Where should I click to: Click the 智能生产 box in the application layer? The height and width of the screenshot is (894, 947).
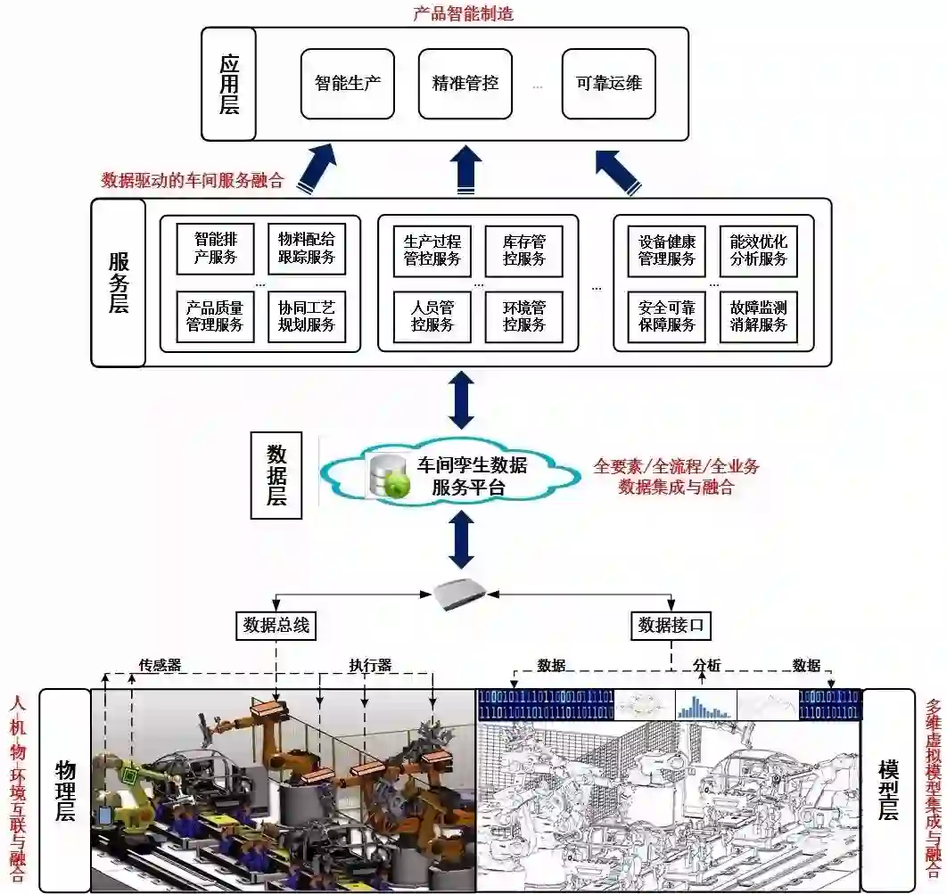click(347, 85)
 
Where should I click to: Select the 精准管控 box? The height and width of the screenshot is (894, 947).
click(465, 85)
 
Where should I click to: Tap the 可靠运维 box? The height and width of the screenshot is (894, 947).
click(608, 85)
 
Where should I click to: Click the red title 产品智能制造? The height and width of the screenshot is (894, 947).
click(464, 13)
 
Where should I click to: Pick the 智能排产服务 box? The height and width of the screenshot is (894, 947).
click(215, 249)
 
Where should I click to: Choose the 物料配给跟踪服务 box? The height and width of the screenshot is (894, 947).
click(306, 249)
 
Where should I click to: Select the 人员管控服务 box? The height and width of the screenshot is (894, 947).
click(432, 316)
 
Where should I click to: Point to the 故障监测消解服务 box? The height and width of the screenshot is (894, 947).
click(758, 316)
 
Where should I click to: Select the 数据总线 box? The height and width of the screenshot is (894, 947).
click(276, 626)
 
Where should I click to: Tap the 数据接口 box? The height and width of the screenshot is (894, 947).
click(671, 626)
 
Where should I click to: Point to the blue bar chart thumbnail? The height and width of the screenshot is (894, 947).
click(704, 705)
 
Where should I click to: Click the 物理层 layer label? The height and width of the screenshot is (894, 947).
click(65, 791)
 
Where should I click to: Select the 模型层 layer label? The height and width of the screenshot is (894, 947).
click(887, 791)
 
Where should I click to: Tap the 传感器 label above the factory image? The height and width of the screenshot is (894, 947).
click(160, 665)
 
